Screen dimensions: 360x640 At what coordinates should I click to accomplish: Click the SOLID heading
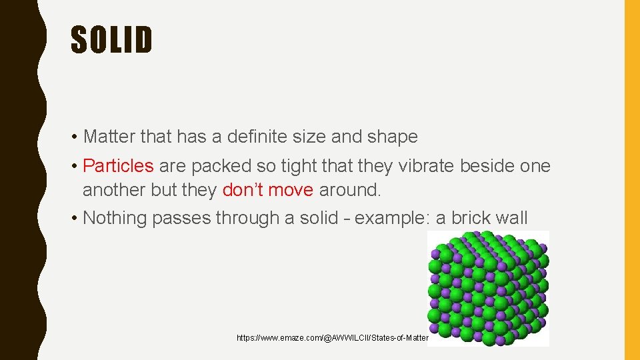[112, 40]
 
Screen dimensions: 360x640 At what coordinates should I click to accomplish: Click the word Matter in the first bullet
[110, 137]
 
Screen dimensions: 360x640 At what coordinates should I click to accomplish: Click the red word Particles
[118, 165]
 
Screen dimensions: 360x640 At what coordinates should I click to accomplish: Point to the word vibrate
[423, 165]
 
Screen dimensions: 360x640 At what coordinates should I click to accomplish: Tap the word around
[350, 190]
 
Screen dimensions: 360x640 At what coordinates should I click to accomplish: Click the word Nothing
[115, 218]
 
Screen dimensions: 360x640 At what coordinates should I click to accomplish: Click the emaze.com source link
[332, 338]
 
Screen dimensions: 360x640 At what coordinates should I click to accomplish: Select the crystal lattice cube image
[488, 288]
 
